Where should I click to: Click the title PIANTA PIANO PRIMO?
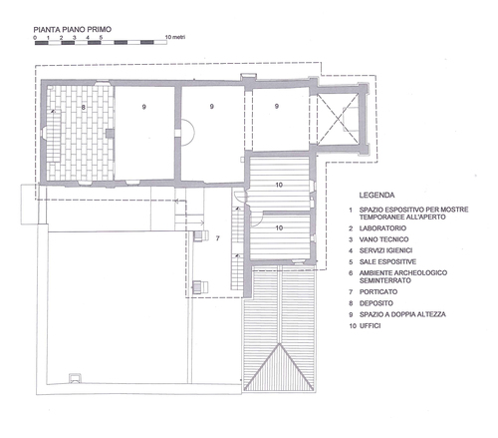(73, 29)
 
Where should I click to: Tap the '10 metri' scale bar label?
(175, 37)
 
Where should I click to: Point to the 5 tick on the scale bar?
(101, 38)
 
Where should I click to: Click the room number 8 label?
(84, 107)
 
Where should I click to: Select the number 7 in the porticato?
(217, 238)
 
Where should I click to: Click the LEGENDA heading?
(376, 196)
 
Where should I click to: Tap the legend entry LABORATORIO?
(382, 228)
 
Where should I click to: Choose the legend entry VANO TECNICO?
(383, 239)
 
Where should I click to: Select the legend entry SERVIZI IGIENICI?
(385, 250)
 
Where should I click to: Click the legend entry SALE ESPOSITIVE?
(387, 261)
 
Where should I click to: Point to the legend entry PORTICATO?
(378, 292)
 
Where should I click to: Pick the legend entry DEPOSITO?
(376, 303)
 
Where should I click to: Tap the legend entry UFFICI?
(370, 326)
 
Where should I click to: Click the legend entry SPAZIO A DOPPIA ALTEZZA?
(402, 314)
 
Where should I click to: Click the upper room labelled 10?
(279, 185)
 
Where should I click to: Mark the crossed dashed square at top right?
(338, 119)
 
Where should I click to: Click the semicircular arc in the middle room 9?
(194, 133)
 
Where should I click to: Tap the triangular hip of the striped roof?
(279, 369)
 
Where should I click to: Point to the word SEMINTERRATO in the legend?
(385, 280)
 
